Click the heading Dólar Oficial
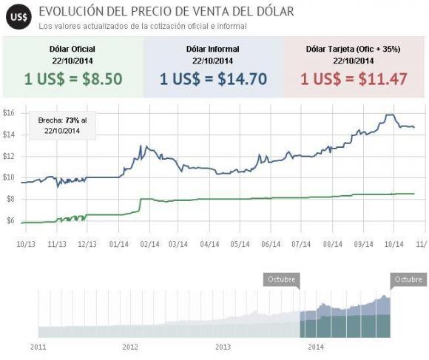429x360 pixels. click(x=72, y=50)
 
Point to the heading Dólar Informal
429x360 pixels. click(x=213, y=50)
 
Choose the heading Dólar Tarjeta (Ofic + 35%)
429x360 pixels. click(x=353, y=50)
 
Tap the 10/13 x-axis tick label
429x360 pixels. click(x=26, y=242)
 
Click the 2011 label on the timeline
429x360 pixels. click(x=38, y=345)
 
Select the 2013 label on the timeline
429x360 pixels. click(x=223, y=345)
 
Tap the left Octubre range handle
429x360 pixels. click(x=281, y=279)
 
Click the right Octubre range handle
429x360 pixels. click(x=408, y=279)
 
